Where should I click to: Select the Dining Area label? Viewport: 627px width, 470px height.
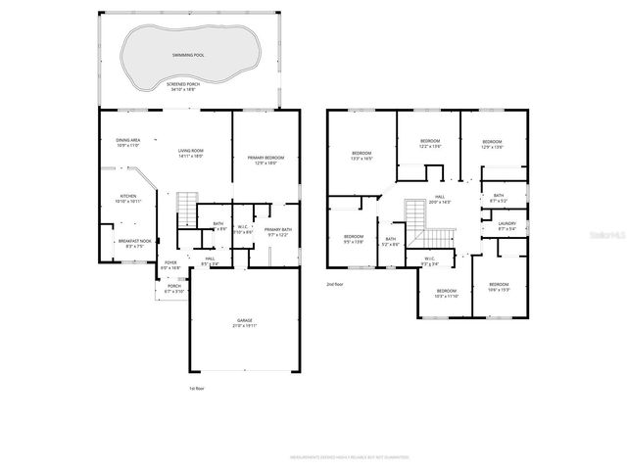point(128,142)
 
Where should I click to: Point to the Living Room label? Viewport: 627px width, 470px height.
point(190,153)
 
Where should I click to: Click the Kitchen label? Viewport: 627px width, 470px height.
point(128,197)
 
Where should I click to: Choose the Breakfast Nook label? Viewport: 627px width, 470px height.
point(134,243)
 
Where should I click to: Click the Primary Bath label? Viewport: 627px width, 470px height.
point(278,232)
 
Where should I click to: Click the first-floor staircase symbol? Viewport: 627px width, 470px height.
point(186,207)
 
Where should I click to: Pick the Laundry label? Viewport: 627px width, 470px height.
point(506,225)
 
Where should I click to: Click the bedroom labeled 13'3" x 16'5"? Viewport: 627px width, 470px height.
point(362,156)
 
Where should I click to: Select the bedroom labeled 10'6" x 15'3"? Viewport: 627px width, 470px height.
point(500,288)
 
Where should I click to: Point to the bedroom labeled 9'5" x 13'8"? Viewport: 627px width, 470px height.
point(353,239)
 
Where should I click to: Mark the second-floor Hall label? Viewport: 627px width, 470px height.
point(440,199)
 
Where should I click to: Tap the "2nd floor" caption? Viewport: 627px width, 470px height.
point(336,284)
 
